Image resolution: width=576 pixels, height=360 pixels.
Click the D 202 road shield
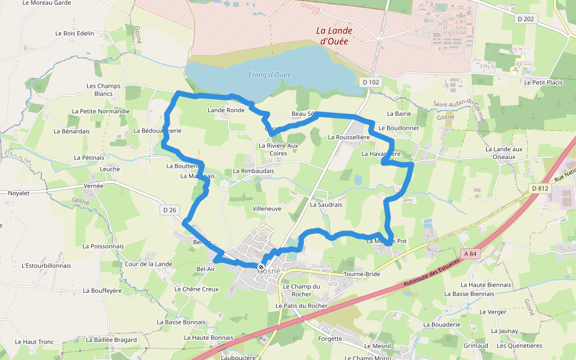click(526, 19)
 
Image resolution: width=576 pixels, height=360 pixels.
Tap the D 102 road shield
click(371, 82)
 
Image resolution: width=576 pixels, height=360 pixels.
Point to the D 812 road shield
click(539, 188)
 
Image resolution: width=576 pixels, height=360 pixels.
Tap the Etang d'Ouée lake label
click(269, 75)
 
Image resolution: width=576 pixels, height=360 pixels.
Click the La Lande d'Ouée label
click(334, 36)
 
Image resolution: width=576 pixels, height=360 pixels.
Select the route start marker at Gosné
click(261, 266)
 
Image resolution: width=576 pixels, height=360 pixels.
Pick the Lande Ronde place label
click(226, 110)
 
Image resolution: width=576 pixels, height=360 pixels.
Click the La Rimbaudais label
click(253, 171)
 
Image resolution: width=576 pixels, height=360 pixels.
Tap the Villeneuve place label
click(267, 209)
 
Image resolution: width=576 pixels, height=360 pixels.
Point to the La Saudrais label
click(326, 205)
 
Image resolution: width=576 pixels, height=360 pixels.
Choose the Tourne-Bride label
click(362, 274)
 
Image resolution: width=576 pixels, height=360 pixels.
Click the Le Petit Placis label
click(543, 82)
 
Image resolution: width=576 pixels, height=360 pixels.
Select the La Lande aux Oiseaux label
click(500, 153)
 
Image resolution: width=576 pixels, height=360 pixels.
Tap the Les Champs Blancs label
click(103, 90)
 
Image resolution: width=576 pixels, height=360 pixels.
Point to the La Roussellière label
click(349, 137)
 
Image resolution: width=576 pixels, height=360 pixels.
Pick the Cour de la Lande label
click(148, 264)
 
